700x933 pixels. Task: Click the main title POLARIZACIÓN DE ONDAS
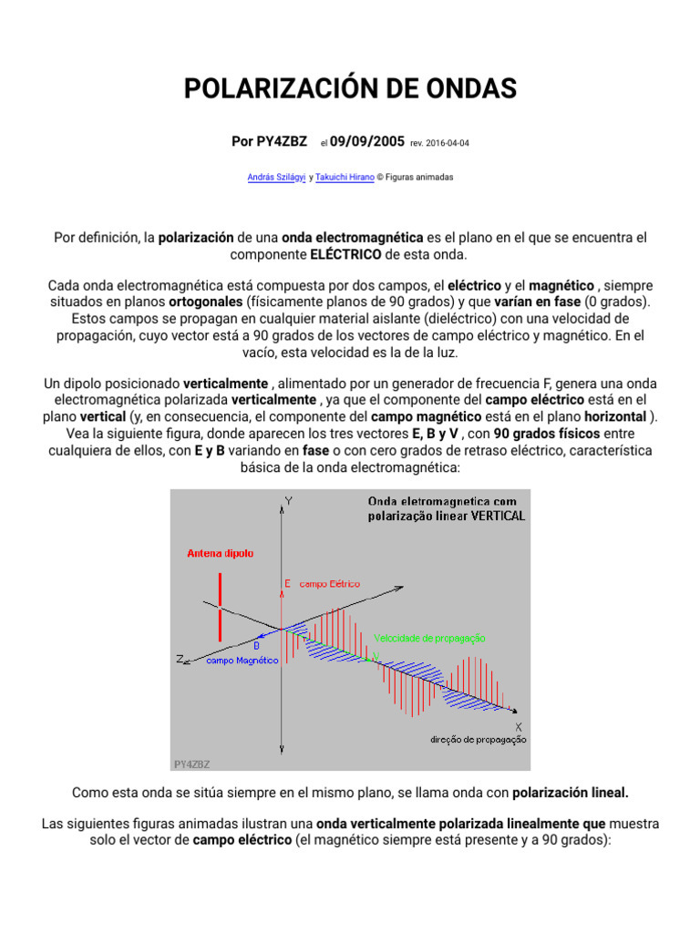pyautogui.click(x=350, y=88)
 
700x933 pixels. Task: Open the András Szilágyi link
pyautogui.click(x=277, y=178)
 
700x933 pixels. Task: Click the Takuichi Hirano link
pyautogui.click(x=345, y=178)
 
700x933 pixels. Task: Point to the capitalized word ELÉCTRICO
pyautogui.click(x=345, y=255)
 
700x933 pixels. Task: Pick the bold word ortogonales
pyautogui.click(x=206, y=302)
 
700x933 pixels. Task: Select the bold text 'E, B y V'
pyautogui.click(x=435, y=434)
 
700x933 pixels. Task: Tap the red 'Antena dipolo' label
pyautogui.click(x=220, y=553)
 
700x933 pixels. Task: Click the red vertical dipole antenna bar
pyautogui.click(x=220, y=606)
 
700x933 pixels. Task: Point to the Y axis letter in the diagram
pyautogui.click(x=288, y=501)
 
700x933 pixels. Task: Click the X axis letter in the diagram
pyautogui.click(x=519, y=726)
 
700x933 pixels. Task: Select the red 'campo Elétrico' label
pyautogui.click(x=329, y=583)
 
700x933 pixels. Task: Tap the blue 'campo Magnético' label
pyautogui.click(x=241, y=660)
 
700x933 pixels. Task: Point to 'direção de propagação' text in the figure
pyautogui.click(x=478, y=740)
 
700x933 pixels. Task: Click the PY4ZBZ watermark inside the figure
pyautogui.click(x=191, y=764)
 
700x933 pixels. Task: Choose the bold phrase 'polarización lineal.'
pyautogui.click(x=571, y=793)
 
